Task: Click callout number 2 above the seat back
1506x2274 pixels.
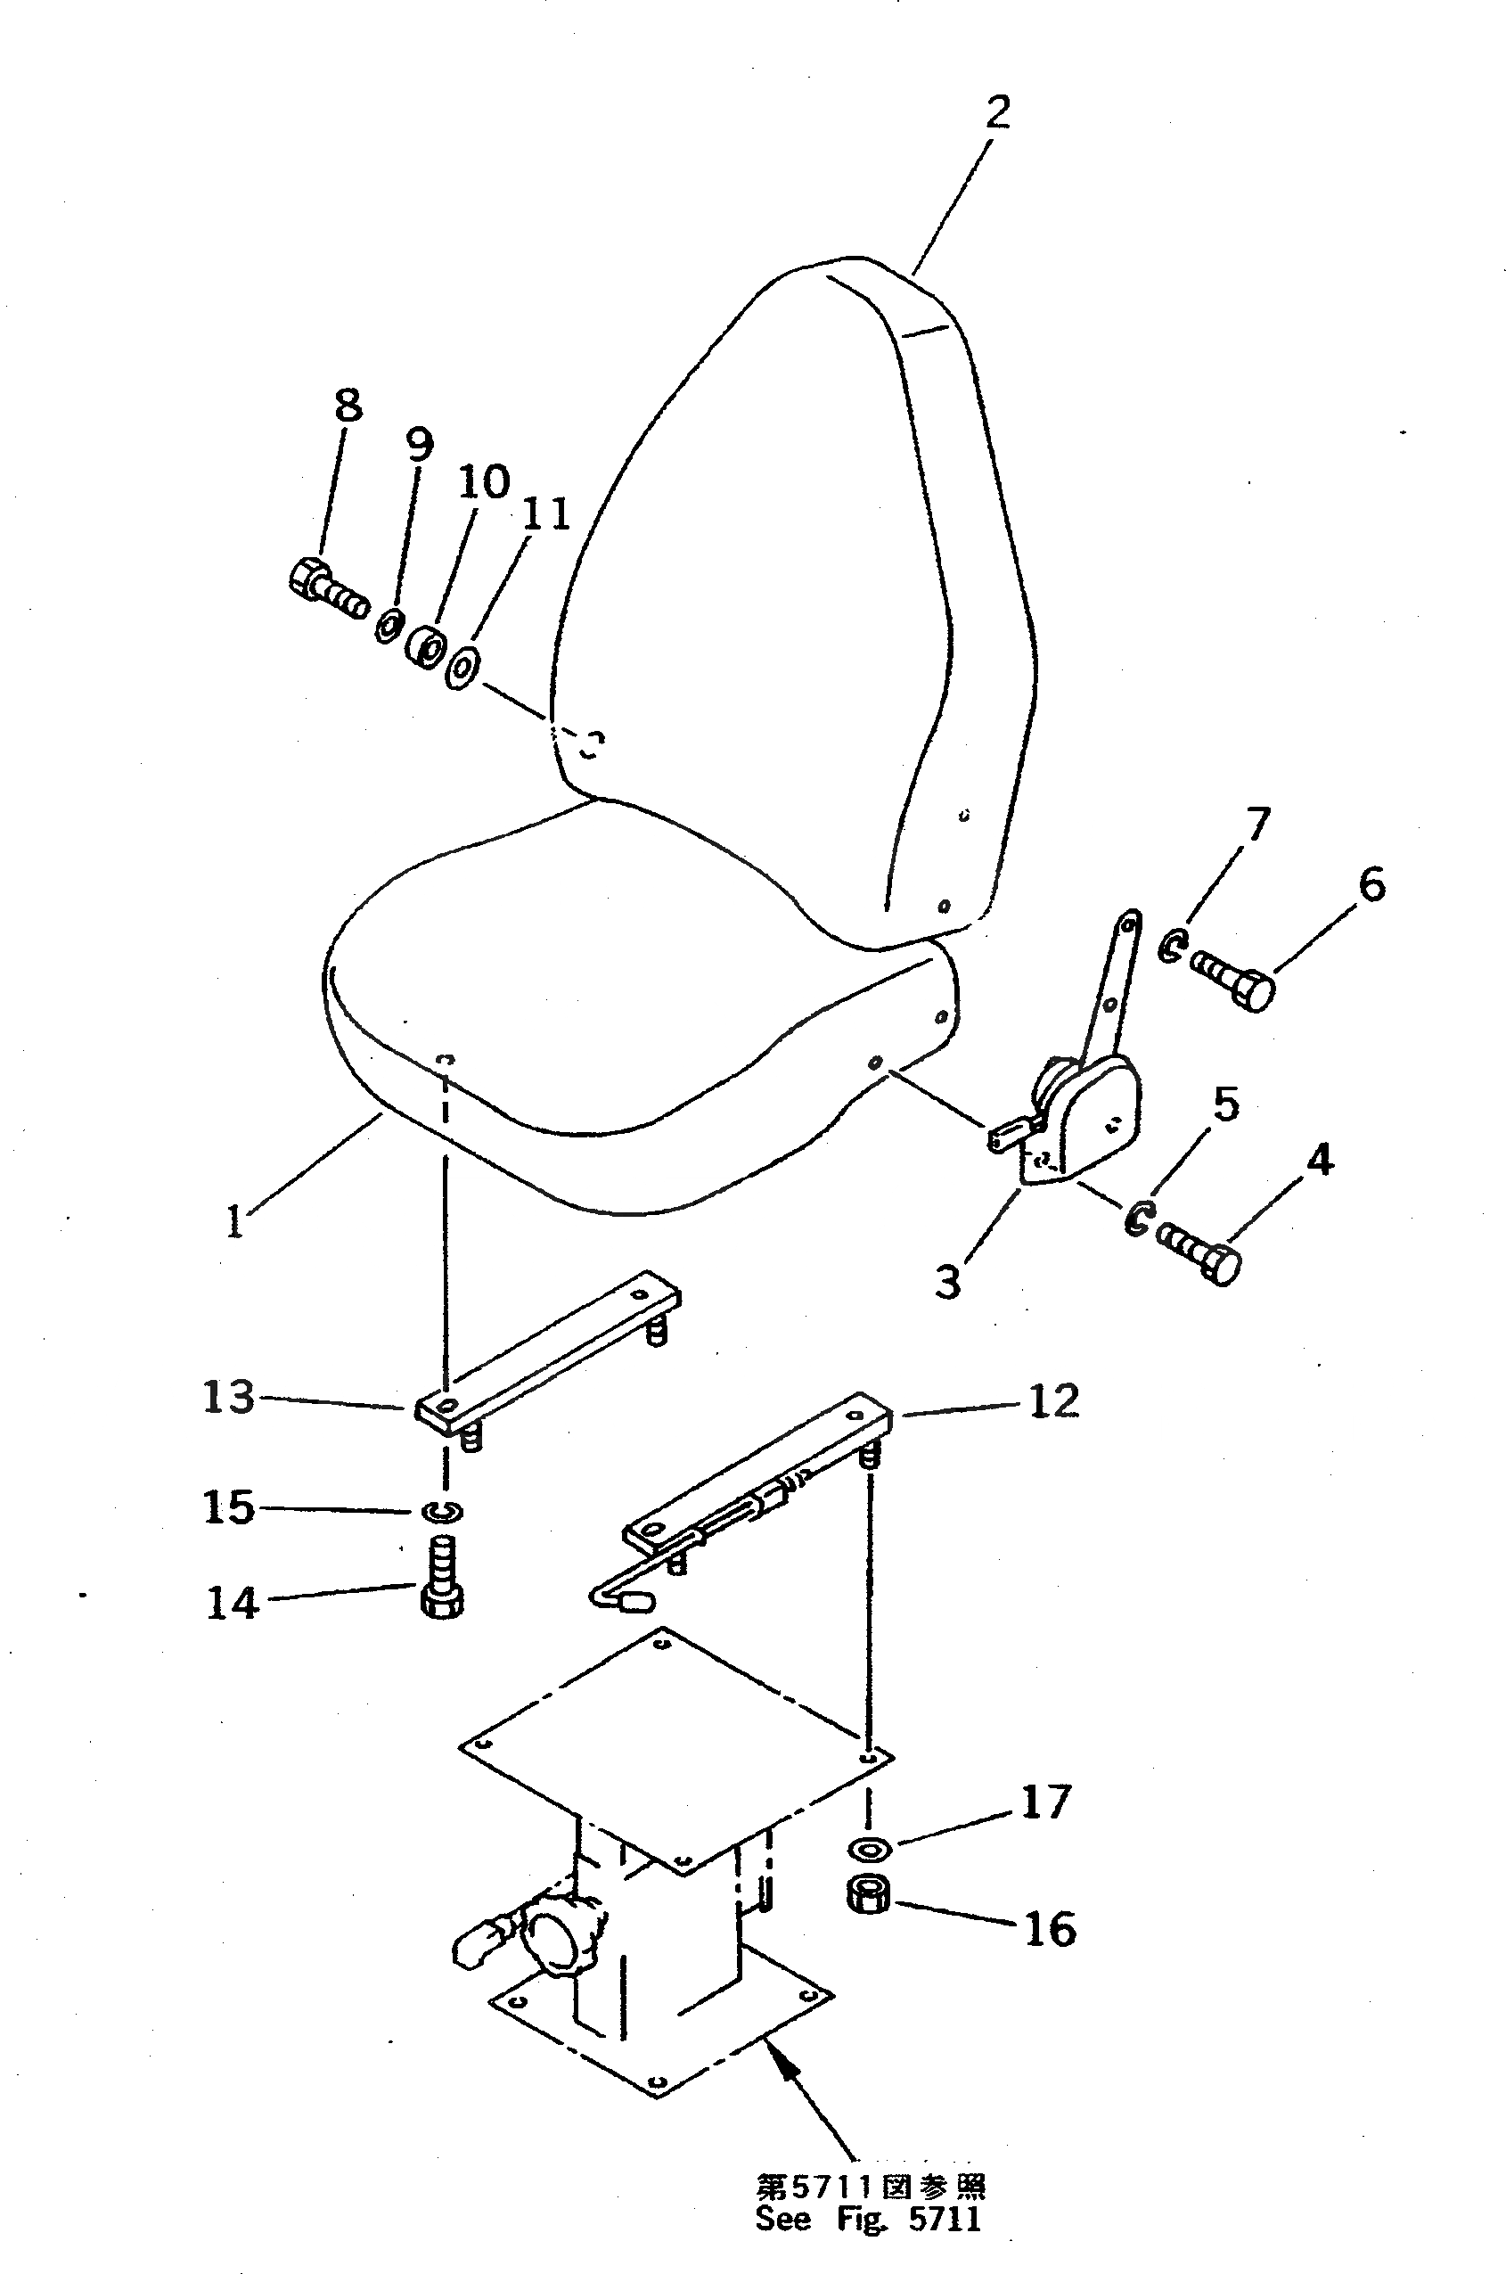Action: click(x=998, y=113)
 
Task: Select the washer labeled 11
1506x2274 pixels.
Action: click(x=462, y=668)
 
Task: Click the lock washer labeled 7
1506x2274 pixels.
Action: click(x=1170, y=948)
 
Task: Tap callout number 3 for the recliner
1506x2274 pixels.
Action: click(x=948, y=1281)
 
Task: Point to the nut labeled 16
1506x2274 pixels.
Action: click(x=868, y=1895)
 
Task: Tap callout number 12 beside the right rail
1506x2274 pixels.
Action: click(x=1053, y=1401)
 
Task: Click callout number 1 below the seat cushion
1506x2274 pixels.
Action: click(x=234, y=1222)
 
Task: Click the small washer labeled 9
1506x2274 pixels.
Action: click(x=389, y=627)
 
